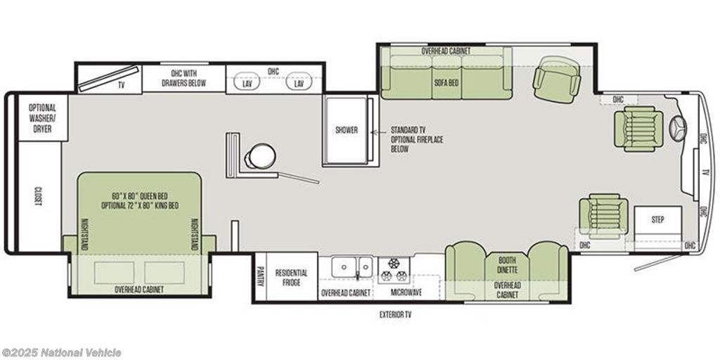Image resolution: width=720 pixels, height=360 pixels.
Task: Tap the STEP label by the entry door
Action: click(657, 220)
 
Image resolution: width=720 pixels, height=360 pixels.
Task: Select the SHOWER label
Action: click(346, 130)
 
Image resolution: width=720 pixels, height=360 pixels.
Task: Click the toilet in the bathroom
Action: click(260, 156)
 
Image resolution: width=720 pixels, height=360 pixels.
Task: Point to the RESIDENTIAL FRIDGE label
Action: click(291, 277)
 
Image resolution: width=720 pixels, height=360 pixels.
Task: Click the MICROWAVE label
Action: click(406, 292)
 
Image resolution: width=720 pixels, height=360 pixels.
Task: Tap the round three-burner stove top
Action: click(394, 271)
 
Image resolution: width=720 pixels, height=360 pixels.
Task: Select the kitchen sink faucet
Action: click(356, 274)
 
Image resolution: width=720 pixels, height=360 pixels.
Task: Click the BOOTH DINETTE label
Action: click(507, 264)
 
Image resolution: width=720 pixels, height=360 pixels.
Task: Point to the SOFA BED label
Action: click(446, 83)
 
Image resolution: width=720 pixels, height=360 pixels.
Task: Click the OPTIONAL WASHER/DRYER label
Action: click(42, 118)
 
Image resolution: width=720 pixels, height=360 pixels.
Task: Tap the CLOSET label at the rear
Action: click(38, 196)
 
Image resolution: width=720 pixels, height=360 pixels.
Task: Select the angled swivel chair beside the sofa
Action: click(557, 79)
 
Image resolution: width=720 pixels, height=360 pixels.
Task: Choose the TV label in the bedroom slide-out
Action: click(122, 85)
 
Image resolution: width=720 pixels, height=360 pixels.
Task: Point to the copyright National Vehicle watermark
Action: click(62, 353)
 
